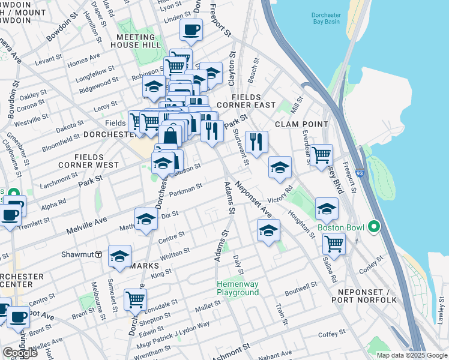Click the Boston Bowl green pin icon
(374, 227)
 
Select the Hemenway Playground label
(238, 288)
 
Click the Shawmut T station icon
(98, 254)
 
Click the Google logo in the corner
(20, 353)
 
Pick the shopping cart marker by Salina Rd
(334, 244)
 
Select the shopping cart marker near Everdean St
(322, 154)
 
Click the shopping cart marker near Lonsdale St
(135, 299)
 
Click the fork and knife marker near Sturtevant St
(256, 142)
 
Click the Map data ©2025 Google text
(412, 355)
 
